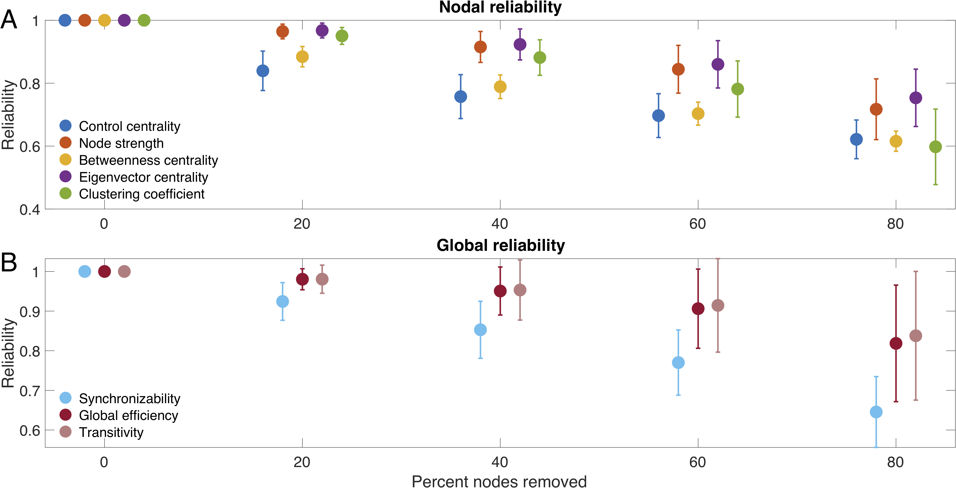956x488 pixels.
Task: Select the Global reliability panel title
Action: point(500,245)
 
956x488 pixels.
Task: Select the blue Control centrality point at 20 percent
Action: point(263,71)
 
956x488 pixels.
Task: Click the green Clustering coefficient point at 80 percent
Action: point(935,147)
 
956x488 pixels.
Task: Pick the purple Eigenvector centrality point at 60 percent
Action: point(718,64)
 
